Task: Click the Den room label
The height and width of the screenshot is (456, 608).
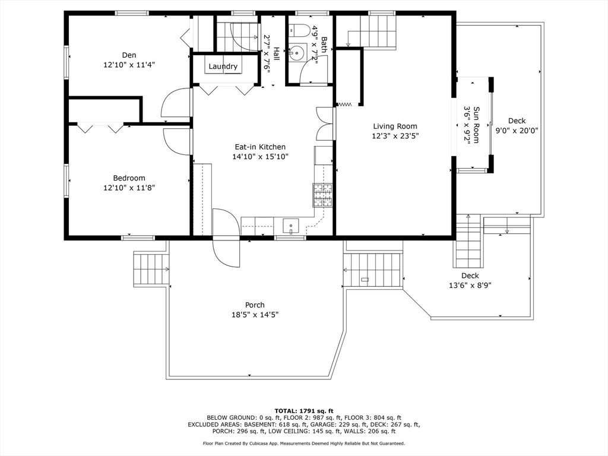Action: (129, 55)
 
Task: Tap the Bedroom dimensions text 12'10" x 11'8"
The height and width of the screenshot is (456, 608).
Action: (129, 188)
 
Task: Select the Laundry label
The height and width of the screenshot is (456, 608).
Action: (223, 66)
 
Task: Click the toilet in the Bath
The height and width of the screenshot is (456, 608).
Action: (299, 30)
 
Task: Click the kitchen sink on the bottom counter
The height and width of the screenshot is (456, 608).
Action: (291, 226)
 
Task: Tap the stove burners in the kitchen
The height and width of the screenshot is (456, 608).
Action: (323, 195)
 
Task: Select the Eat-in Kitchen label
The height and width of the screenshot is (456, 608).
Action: (260, 147)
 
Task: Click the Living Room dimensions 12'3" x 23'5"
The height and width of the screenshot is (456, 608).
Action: (395, 136)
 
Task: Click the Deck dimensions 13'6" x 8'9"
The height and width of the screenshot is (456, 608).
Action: (470, 286)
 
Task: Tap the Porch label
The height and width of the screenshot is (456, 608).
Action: (255, 305)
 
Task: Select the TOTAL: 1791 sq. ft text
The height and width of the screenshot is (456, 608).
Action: (304, 411)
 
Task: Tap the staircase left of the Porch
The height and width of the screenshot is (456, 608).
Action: (151, 269)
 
